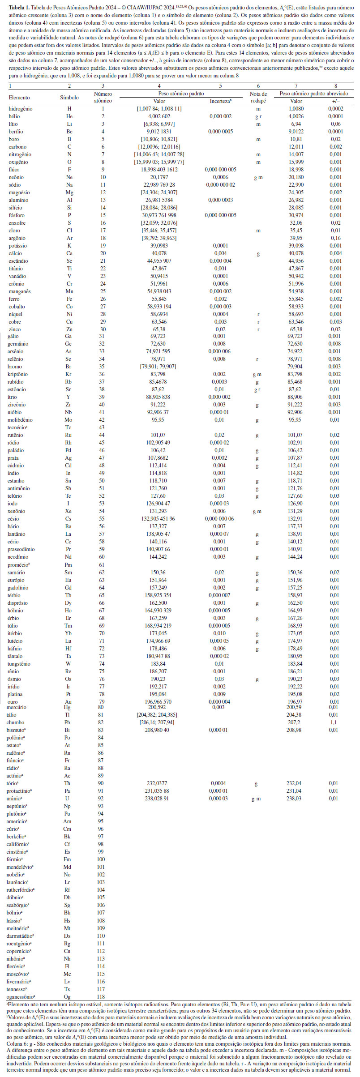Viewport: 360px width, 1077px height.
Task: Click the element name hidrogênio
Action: click(21, 109)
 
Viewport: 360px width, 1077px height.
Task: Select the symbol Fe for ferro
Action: click(69, 299)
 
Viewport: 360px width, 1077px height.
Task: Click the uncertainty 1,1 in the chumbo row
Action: click(334, 722)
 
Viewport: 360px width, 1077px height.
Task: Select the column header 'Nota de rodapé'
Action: click(258, 97)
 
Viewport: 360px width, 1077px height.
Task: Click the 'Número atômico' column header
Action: click(103, 97)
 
